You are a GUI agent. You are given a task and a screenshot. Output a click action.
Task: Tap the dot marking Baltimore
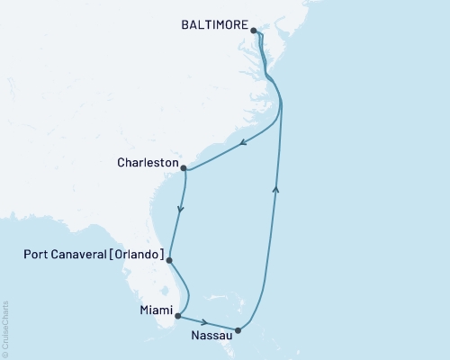254,31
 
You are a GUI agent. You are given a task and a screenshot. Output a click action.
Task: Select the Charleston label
147,164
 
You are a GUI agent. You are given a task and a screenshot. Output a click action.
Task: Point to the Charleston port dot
184,167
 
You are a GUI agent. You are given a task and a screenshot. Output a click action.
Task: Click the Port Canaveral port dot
169,260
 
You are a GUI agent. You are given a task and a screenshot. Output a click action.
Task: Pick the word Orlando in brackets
139,256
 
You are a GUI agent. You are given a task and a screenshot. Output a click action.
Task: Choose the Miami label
155,312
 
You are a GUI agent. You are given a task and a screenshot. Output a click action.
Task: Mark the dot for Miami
179,316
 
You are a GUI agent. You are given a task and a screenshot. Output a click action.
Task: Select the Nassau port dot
238,330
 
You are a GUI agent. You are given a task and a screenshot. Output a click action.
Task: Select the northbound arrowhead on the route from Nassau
276,186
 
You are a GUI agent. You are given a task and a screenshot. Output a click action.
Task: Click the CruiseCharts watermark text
6,328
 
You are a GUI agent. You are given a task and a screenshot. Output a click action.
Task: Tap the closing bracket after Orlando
162,256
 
